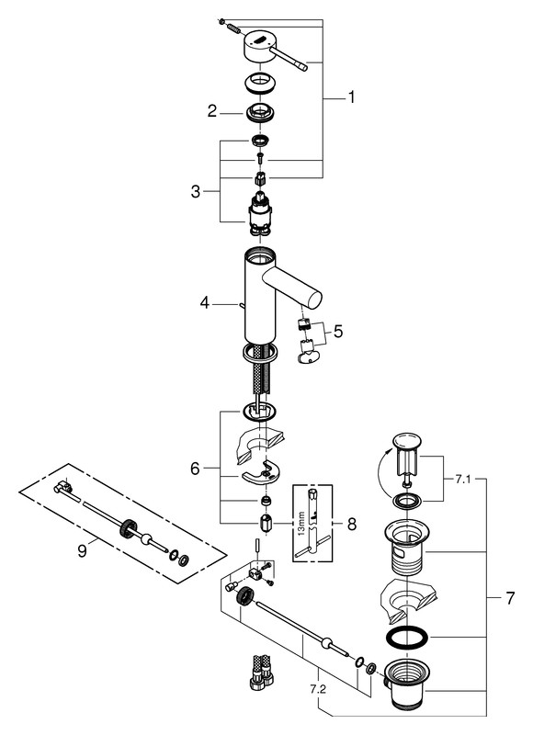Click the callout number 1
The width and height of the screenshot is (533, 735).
coord(351,97)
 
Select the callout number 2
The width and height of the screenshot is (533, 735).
coord(212,111)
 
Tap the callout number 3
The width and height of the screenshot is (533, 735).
coord(196,191)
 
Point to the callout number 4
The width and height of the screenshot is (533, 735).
coord(204,303)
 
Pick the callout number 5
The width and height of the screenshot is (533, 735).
coord(338,332)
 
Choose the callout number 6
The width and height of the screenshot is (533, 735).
coord(195,468)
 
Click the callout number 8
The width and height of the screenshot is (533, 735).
coord(352,524)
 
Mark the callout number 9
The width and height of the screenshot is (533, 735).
coord(82,550)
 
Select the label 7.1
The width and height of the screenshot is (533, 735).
coord(462,480)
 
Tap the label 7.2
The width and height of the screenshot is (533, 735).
coord(317,690)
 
